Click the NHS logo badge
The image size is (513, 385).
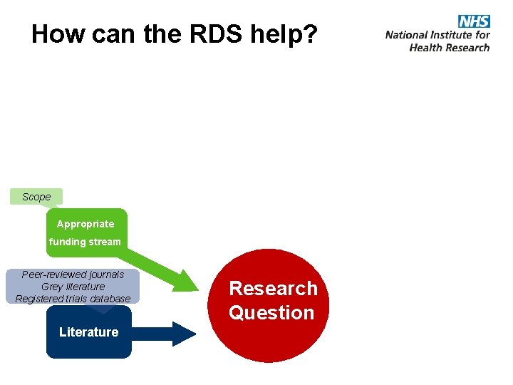[x=474, y=21]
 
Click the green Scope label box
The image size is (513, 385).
[x=36, y=197]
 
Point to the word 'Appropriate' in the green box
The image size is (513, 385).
[x=85, y=224]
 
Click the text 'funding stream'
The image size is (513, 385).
[x=85, y=242]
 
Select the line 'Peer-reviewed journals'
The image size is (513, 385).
[x=73, y=274]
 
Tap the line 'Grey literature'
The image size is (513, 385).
[x=73, y=287]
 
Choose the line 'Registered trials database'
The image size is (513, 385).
[x=73, y=299]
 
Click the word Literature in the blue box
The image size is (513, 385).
[x=88, y=332]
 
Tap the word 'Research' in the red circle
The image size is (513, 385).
[x=273, y=288]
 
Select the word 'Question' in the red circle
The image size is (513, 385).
[x=271, y=312]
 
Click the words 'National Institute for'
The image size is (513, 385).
[x=437, y=34]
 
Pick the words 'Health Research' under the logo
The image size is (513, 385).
[x=449, y=48]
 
